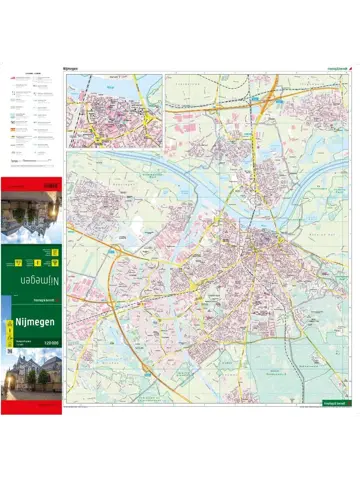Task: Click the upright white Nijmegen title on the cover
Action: point(33,322)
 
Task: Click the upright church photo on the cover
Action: point(33,376)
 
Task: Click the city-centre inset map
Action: point(114,111)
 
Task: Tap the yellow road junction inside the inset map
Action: point(149,120)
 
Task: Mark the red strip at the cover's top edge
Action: point(33,181)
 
